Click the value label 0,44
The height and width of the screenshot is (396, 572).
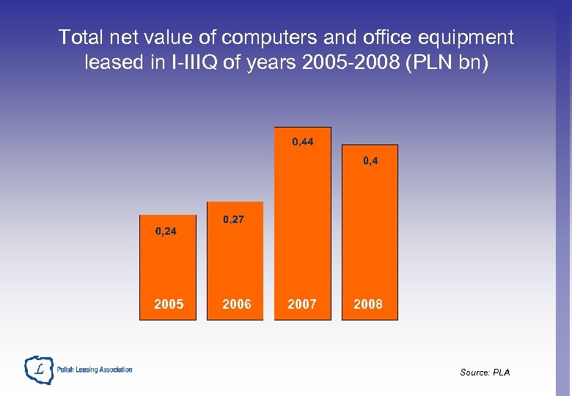pyautogui.click(x=302, y=142)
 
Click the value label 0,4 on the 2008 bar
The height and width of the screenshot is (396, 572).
pyautogui.click(x=370, y=160)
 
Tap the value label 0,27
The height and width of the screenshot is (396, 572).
pyautogui.click(x=234, y=219)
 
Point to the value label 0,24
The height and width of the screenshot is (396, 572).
pyautogui.click(x=166, y=232)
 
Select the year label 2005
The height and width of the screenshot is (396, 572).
pyautogui.click(x=169, y=304)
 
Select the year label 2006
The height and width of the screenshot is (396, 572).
pyautogui.click(x=236, y=304)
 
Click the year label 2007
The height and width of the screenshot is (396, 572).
pyautogui.click(x=302, y=304)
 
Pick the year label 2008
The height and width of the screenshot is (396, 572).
pyautogui.click(x=368, y=304)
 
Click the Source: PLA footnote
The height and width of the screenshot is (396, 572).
pyautogui.click(x=485, y=373)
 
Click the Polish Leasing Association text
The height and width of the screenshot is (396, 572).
pyautogui.click(x=94, y=370)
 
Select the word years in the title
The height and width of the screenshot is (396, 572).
pyautogui.click(x=275, y=62)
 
